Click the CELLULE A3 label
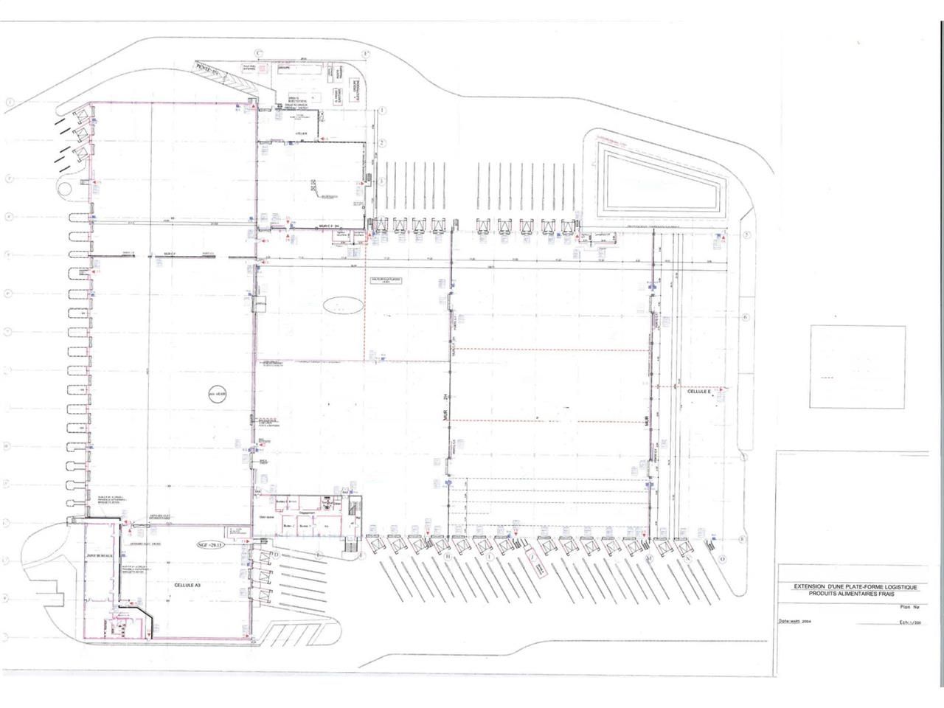187,584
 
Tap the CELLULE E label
698,392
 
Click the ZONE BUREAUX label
98,555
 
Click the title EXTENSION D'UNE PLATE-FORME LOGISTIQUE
855,587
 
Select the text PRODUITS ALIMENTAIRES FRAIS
855,594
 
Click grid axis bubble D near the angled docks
276,554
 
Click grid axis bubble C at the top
258,53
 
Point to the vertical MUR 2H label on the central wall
445,410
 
